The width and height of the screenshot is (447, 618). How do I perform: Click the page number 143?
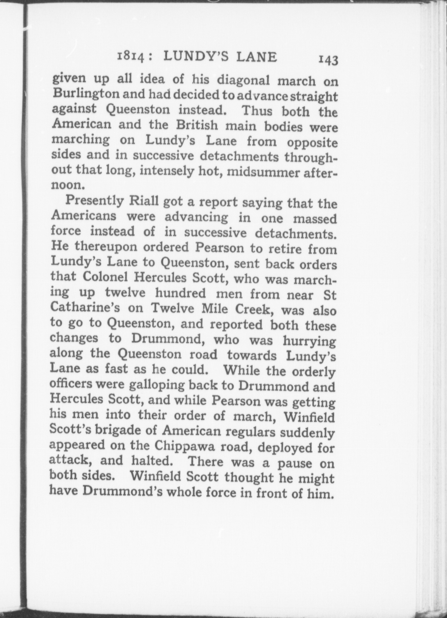(x=328, y=60)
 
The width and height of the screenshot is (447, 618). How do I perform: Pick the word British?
(x=197, y=125)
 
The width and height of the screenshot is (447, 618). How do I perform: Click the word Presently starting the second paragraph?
(x=95, y=201)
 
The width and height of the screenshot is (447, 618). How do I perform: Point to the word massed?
(x=315, y=219)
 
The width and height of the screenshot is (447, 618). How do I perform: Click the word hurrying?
(x=309, y=341)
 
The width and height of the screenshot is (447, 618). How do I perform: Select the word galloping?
(x=157, y=385)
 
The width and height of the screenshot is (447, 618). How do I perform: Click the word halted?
(x=155, y=461)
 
